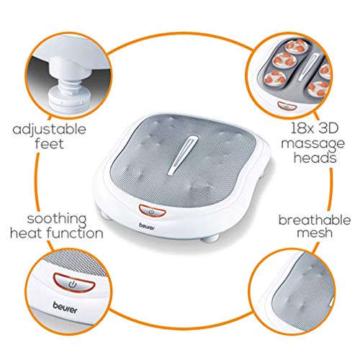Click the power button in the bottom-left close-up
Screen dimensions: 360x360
74,285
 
